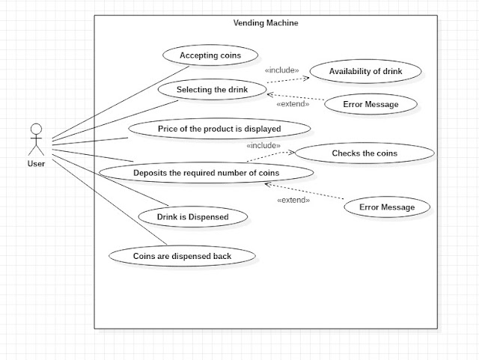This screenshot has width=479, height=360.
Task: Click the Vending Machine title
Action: coord(266,22)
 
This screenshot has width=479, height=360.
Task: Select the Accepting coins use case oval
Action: coord(209,55)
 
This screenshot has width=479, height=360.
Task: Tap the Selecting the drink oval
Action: coord(212,90)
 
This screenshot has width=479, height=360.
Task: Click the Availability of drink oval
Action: coord(365,72)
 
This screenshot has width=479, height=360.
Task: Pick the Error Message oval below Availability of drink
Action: coord(370,104)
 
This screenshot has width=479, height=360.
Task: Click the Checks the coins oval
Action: coord(364,153)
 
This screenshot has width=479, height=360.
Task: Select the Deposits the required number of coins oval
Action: coord(206,173)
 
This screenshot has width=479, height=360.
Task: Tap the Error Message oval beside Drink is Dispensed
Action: coord(386,207)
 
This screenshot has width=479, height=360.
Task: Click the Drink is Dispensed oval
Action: coord(192,217)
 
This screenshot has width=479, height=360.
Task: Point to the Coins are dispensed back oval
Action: coord(182,256)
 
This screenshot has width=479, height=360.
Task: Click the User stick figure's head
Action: coord(36,129)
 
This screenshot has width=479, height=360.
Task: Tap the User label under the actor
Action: coord(36,163)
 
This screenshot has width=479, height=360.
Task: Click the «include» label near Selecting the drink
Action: coord(281,70)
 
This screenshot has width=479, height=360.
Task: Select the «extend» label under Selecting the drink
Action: coord(293,104)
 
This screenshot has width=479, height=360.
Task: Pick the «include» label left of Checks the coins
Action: coord(263,145)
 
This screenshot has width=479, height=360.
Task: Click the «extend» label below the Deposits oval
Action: coord(293,200)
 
